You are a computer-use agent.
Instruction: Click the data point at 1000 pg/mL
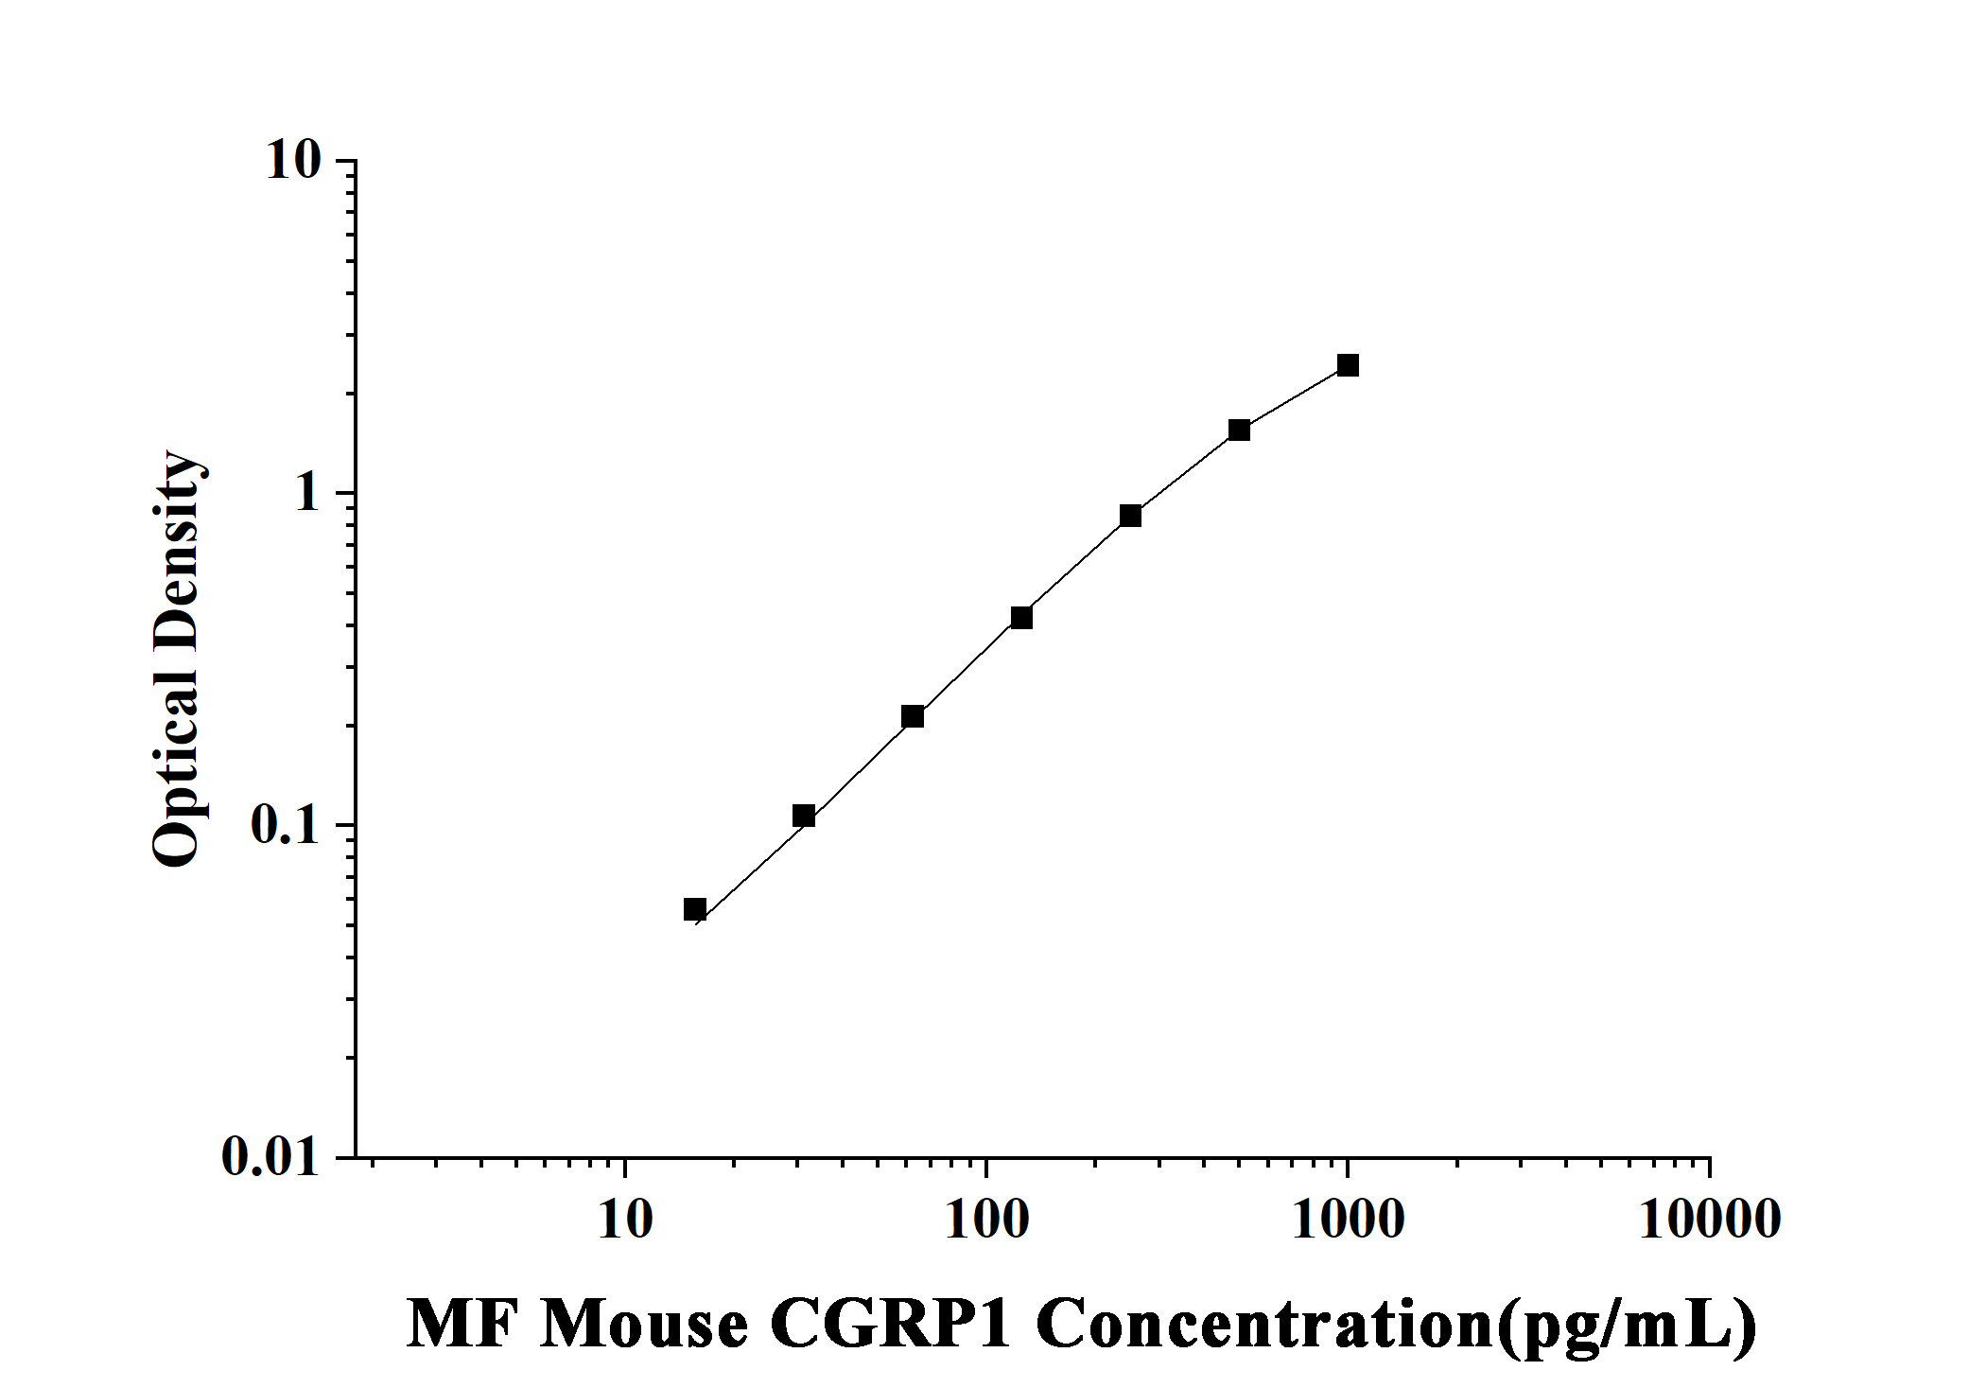click(x=1348, y=365)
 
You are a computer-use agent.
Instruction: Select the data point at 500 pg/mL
click(x=1239, y=430)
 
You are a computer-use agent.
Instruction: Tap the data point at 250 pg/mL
click(x=1130, y=516)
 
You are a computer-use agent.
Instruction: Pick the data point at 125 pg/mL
click(x=1021, y=618)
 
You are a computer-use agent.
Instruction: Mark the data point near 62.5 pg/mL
click(x=913, y=716)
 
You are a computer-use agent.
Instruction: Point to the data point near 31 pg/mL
click(x=804, y=816)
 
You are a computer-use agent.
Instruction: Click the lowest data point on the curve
click(x=695, y=909)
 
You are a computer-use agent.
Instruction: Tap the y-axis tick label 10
click(x=293, y=161)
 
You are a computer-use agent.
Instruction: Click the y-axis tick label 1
click(x=307, y=494)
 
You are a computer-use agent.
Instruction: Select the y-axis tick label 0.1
click(x=286, y=826)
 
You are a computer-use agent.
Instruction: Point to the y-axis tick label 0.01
click(x=271, y=1157)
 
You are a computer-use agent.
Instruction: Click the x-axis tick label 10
click(x=625, y=1221)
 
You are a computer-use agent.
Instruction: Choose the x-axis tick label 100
click(x=986, y=1221)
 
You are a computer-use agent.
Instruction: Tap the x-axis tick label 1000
click(x=1349, y=1221)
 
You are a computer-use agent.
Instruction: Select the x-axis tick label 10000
click(x=1710, y=1221)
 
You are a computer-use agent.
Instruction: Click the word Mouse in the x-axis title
click(x=644, y=1325)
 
